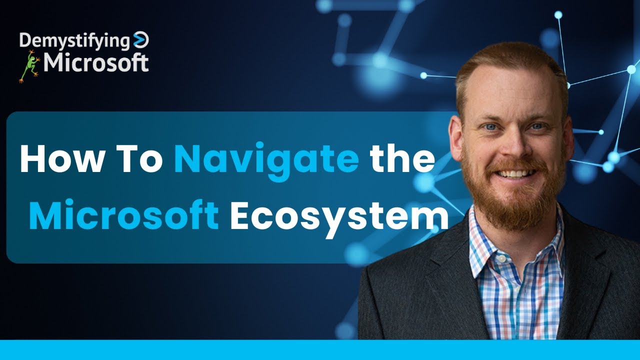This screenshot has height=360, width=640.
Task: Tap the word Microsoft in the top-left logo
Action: coord(95,63)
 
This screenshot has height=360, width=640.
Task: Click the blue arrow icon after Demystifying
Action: coord(141,40)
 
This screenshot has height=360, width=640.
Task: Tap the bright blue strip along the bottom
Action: coord(320,350)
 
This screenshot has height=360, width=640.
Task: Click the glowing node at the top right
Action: coord(558,15)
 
